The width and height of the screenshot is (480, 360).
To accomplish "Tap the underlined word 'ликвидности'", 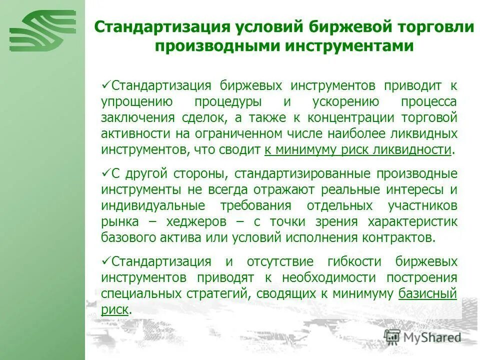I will coord(420,149).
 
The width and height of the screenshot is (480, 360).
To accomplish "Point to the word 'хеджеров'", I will coord(206,221).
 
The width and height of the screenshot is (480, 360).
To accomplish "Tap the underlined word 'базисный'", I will coord(428,293).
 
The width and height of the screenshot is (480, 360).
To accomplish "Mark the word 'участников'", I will coord(422,205).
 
